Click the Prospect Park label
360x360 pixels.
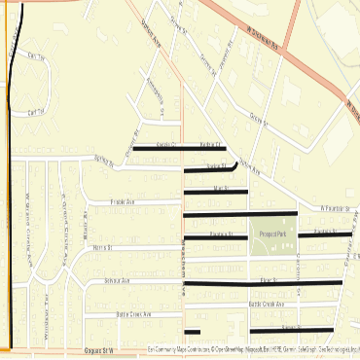coord(272,234)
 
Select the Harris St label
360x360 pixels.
coord(103,248)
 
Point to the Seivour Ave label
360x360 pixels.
coord(117,280)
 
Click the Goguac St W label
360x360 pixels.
coord(99,349)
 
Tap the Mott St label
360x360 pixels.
coord(220,187)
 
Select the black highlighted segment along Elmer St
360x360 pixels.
coord(263,283)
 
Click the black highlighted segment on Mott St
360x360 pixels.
coord(215,192)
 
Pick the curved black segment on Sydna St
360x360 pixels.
coord(232,168)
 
